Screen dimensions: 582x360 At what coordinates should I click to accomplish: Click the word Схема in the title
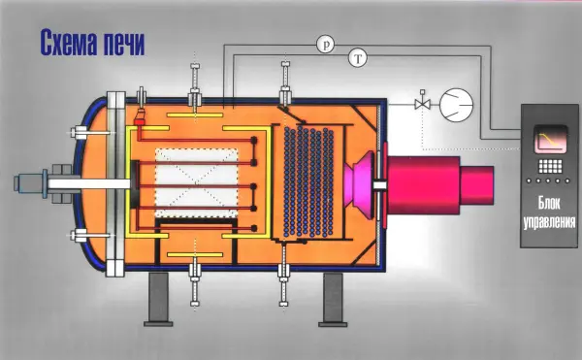[x=68, y=44]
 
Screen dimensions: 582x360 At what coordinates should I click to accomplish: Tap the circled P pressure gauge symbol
[x=326, y=45]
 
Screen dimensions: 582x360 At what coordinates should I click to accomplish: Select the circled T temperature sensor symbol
[x=358, y=58]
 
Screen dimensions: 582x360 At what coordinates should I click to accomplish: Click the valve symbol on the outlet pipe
[x=422, y=104]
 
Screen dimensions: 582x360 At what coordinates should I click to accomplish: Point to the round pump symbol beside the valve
[x=456, y=105]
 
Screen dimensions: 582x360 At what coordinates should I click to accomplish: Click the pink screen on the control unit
[x=550, y=139]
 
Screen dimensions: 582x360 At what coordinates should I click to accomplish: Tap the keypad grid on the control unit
[x=550, y=167]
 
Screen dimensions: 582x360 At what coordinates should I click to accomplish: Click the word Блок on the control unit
[x=549, y=203]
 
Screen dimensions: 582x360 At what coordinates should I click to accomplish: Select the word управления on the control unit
[x=549, y=222]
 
